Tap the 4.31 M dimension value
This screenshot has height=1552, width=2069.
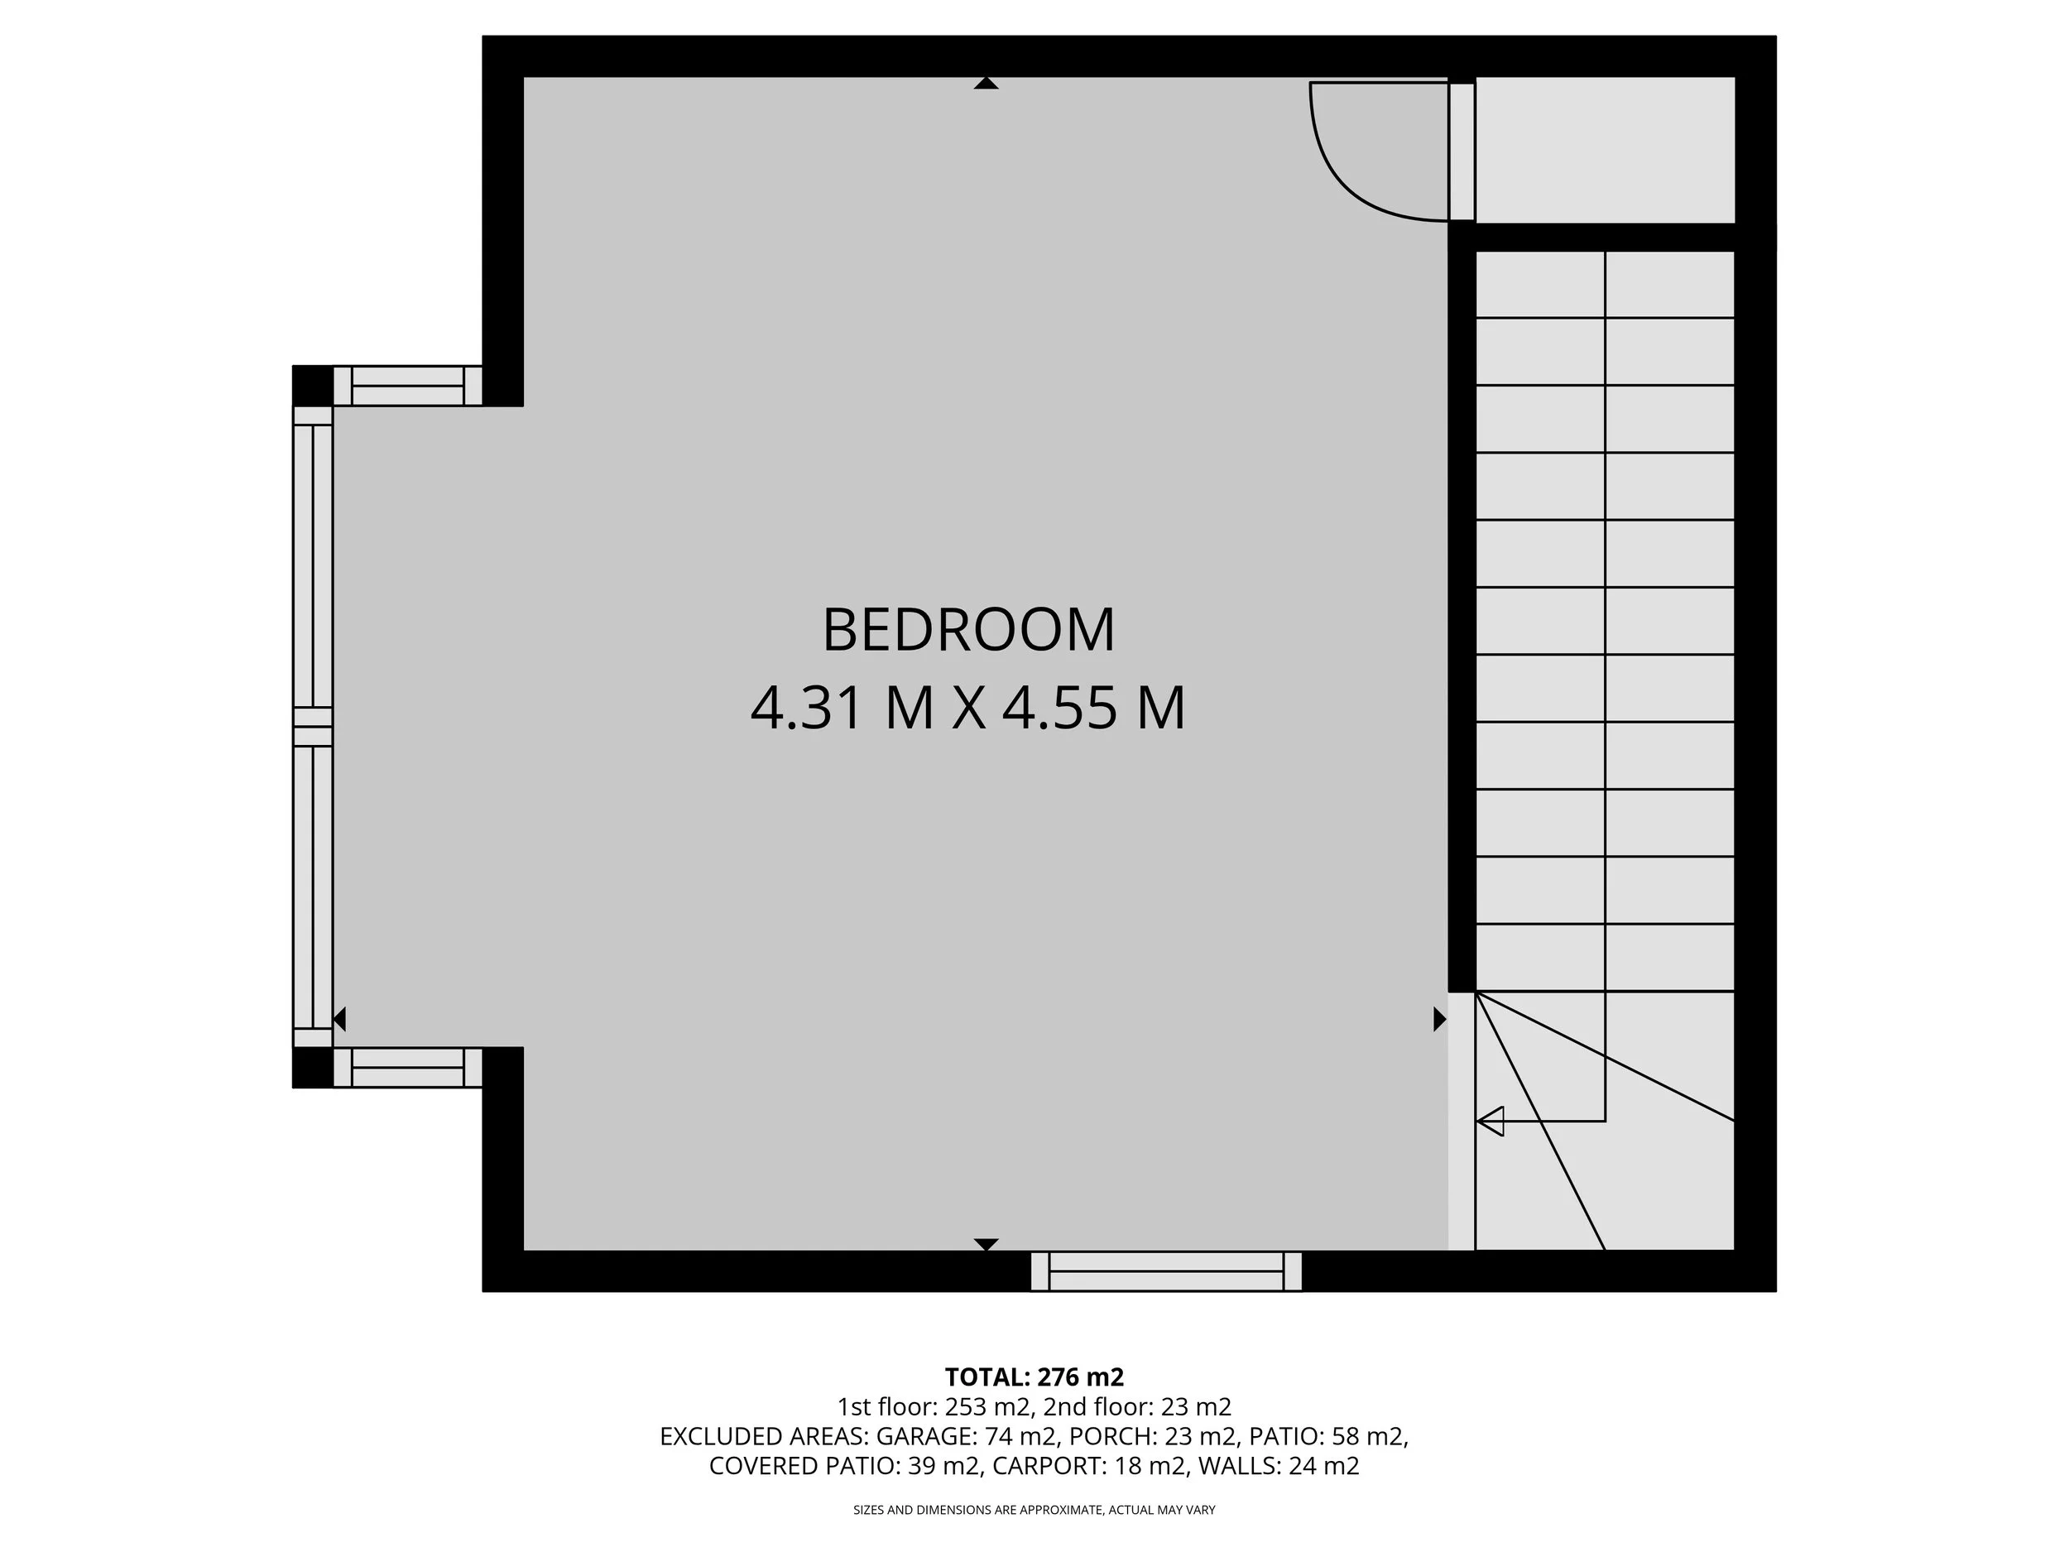coord(842,709)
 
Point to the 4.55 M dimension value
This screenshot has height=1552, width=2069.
coord(1093,709)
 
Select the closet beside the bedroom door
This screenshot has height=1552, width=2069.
coord(1604,150)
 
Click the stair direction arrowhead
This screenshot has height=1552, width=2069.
coord(1490,1120)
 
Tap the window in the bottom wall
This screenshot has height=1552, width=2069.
coord(1165,1271)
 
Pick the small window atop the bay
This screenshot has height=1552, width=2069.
coord(407,386)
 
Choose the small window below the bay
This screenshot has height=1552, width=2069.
coord(407,1068)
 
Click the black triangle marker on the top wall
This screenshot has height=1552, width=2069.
coord(986,84)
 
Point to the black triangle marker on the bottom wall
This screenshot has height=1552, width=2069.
coord(986,1244)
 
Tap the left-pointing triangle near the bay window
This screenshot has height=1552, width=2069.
coord(340,1019)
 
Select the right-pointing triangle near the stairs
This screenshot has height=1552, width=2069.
coord(1438,1019)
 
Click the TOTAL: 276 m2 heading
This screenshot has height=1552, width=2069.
coord(1034,1377)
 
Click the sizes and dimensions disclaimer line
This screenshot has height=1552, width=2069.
coord(1034,1510)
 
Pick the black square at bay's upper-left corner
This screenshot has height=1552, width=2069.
coord(312,385)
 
